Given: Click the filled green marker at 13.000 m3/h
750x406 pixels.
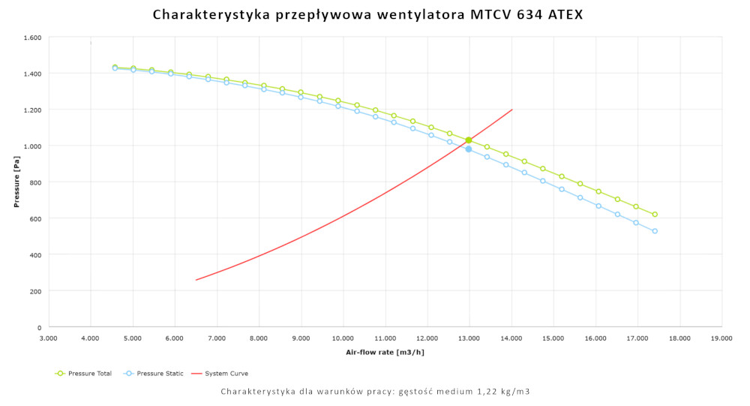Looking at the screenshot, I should tap(469, 140).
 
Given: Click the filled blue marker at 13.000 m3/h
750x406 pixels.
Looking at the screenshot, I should tap(469, 149).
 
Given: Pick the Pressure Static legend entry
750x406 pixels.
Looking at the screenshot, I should tap(154, 374).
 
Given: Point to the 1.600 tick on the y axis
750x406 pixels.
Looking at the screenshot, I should tap(32, 38).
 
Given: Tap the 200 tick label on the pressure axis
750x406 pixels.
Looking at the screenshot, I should tap(35, 291).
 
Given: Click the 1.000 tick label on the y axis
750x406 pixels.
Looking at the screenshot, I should tap(32, 146).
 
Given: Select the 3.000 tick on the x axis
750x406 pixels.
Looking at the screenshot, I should tap(48, 338).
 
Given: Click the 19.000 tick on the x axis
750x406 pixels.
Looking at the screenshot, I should tap(721, 338).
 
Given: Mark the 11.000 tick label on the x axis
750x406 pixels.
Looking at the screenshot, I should tap(385, 338).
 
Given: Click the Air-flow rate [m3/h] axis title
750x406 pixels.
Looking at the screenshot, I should tap(385, 352).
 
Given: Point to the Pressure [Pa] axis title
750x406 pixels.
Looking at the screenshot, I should tap(16, 182).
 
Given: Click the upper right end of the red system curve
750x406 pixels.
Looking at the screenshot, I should tap(512, 110).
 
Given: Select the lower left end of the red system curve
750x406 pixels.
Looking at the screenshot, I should tap(196, 280).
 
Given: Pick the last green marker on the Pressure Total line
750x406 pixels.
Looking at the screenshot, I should tap(655, 215).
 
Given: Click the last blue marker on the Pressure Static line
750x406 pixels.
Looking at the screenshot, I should tap(655, 231).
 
